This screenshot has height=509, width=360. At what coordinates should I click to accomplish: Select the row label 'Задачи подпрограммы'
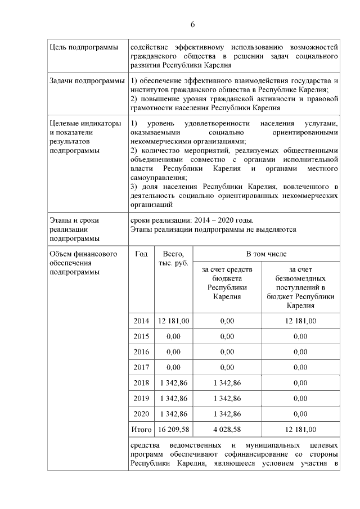pyautogui.click(x=87, y=81)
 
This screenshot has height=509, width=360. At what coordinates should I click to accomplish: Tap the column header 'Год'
pyautogui.click(x=141, y=254)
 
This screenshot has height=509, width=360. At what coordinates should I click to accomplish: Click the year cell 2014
pyautogui.click(x=141, y=321)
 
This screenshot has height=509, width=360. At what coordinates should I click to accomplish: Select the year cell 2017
pyautogui.click(x=141, y=367)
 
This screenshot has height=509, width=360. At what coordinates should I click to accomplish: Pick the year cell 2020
pyautogui.click(x=141, y=414)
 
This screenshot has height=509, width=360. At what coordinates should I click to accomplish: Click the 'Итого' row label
pyautogui.click(x=141, y=430)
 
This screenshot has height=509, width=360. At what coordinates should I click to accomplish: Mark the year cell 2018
pyautogui.click(x=141, y=383)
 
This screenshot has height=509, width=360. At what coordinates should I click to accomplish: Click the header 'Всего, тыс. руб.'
pyautogui.click(x=173, y=259)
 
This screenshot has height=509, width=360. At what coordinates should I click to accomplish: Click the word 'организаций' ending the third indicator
pyautogui.click(x=151, y=205)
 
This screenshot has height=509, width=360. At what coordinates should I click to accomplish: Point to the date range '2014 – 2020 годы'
pyautogui.click(x=221, y=220)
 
